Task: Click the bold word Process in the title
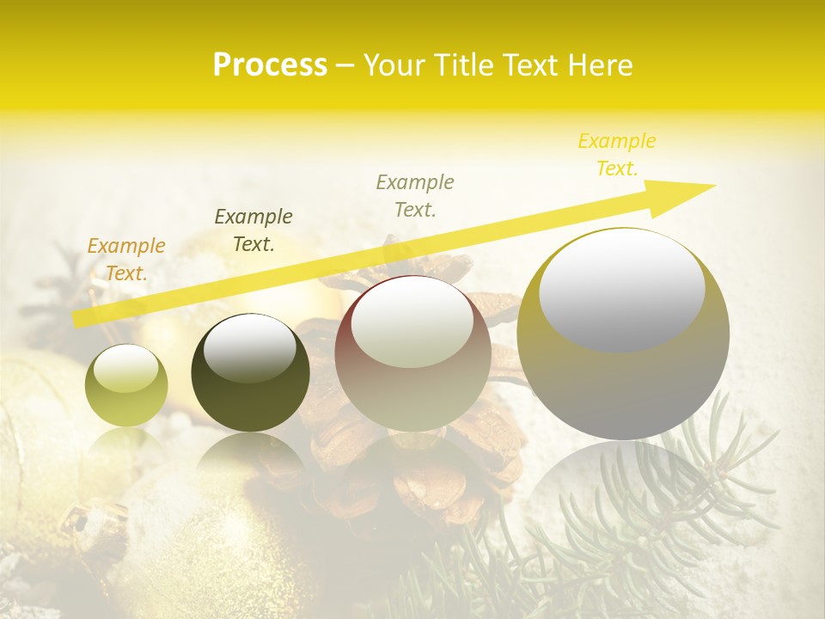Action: (x=270, y=65)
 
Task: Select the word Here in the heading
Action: (x=600, y=65)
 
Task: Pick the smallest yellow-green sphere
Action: (x=126, y=385)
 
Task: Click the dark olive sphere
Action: (x=250, y=373)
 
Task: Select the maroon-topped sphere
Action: (x=412, y=353)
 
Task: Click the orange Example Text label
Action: (x=126, y=260)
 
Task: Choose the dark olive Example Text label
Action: (x=254, y=230)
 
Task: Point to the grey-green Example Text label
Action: (x=415, y=196)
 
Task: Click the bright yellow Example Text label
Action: (x=617, y=155)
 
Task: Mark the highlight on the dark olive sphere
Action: (x=249, y=348)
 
